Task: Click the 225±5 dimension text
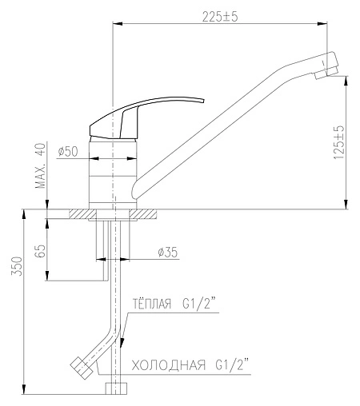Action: (220, 17)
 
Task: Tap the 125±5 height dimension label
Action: (339, 142)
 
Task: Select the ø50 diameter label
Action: (68, 152)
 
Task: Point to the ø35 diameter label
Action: (168, 252)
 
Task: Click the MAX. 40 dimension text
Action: (41, 165)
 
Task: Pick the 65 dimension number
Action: (40, 250)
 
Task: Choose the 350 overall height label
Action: (17, 266)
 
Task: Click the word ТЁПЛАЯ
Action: (152, 304)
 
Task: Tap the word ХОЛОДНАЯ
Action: (169, 365)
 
